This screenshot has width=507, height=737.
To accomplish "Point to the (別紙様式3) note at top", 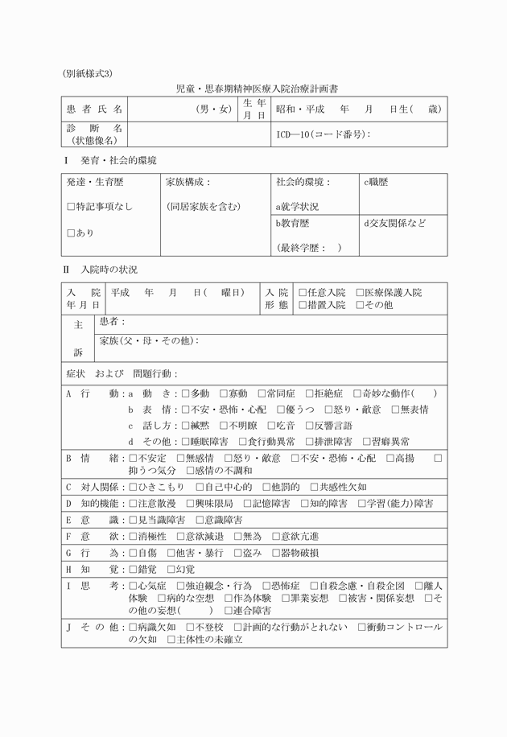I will click(x=88, y=72).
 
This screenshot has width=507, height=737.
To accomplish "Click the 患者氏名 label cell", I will click(x=95, y=109).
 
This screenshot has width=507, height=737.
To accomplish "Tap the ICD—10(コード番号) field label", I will click(x=323, y=134).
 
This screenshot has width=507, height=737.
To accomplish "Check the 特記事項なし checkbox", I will click(x=71, y=207).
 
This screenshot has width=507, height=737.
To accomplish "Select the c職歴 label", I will click(x=376, y=183).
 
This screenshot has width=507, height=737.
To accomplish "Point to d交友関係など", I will click(x=395, y=223).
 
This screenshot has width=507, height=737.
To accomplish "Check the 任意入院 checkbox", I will click(x=303, y=293).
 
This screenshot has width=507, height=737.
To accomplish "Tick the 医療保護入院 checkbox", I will click(x=360, y=293).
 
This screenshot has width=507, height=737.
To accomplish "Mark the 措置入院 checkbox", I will click(x=303, y=305).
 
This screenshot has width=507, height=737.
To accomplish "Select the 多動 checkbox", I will click(x=186, y=394).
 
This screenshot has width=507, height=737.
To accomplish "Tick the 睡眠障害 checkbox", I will click(x=186, y=442).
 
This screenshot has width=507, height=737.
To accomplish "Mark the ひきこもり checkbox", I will click(x=134, y=488).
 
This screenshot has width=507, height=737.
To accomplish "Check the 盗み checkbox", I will click(x=237, y=553).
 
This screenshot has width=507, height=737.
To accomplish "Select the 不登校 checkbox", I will click(x=191, y=627).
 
